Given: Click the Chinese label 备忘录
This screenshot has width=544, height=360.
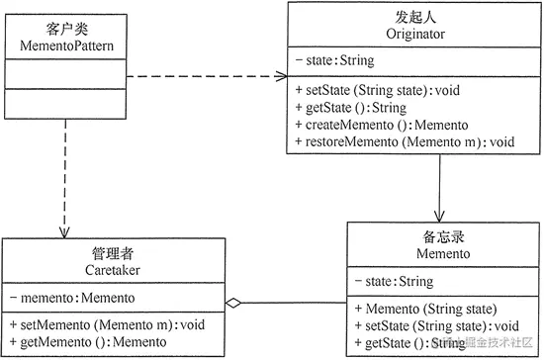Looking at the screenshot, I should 442,237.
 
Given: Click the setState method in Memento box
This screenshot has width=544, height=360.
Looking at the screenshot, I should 435,326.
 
